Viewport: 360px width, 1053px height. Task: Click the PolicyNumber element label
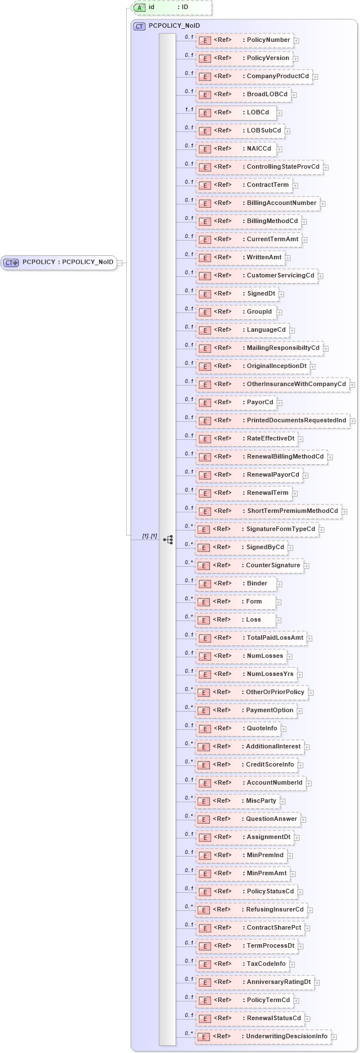click(x=268, y=40)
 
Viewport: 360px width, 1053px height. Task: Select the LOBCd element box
click(x=236, y=113)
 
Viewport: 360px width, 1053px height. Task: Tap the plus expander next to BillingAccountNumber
click(x=323, y=204)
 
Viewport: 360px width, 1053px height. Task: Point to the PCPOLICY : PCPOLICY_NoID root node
click(x=59, y=262)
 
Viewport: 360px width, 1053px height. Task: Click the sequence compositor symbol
click(x=168, y=540)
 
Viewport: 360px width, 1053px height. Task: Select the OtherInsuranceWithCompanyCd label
click(x=296, y=384)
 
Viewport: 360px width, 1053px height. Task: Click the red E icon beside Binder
click(x=204, y=584)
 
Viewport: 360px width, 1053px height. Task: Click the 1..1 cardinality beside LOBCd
click(x=189, y=110)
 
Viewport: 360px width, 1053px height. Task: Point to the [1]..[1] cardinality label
click(x=149, y=536)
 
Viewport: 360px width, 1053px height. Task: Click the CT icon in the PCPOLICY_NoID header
click(x=139, y=26)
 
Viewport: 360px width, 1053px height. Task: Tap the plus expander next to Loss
click(x=278, y=620)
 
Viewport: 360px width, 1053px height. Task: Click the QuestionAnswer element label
click(x=271, y=819)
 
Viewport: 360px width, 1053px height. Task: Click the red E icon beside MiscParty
click(x=204, y=801)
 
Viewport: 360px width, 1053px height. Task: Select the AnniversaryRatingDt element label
click(x=278, y=982)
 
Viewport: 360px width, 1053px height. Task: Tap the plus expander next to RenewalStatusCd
click(x=307, y=1019)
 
